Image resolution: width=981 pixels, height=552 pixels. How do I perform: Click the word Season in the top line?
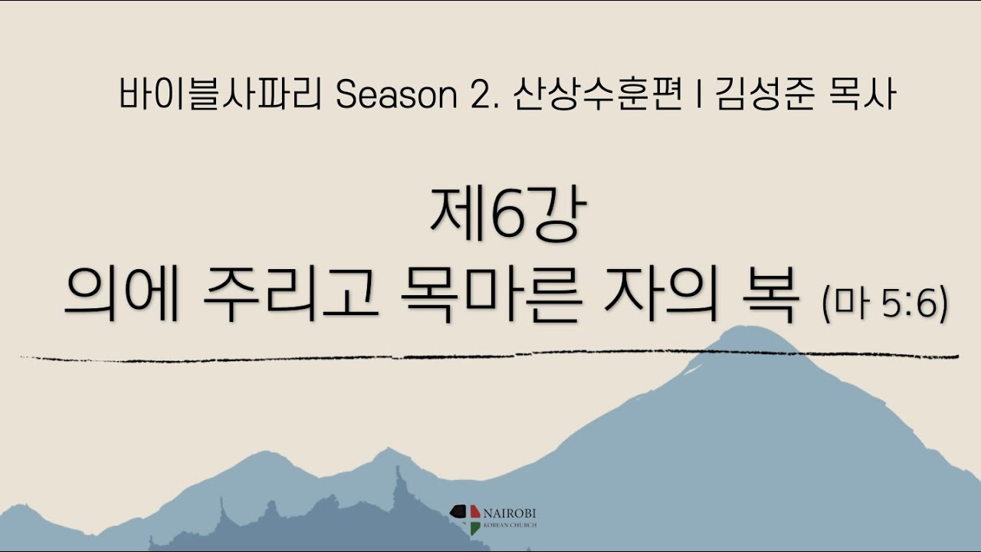click(x=396, y=95)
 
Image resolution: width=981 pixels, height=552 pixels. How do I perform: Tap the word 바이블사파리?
click(x=221, y=94)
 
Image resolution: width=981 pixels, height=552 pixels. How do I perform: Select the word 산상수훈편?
click(x=599, y=94)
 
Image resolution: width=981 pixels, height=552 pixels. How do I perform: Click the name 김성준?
click(x=766, y=94)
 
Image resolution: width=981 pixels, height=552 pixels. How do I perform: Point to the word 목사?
click(x=862, y=94)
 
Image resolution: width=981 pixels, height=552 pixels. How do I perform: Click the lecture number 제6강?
click(x=508, y=215)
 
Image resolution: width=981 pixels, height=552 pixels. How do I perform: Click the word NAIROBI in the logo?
click(x=510, y=514)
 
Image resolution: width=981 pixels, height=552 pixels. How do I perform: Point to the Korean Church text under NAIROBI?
click(x=510, y=525)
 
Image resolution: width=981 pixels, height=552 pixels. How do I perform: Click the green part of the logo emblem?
click(x=475, y=528)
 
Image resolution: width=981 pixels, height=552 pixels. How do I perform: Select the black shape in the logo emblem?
click(x=458, y=511)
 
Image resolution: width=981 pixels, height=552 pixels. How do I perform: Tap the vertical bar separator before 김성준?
click(x=700, y=94)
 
